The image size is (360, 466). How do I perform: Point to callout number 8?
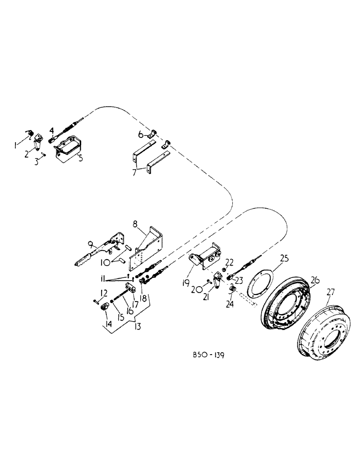pyautogui.click(x=134, y=224)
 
